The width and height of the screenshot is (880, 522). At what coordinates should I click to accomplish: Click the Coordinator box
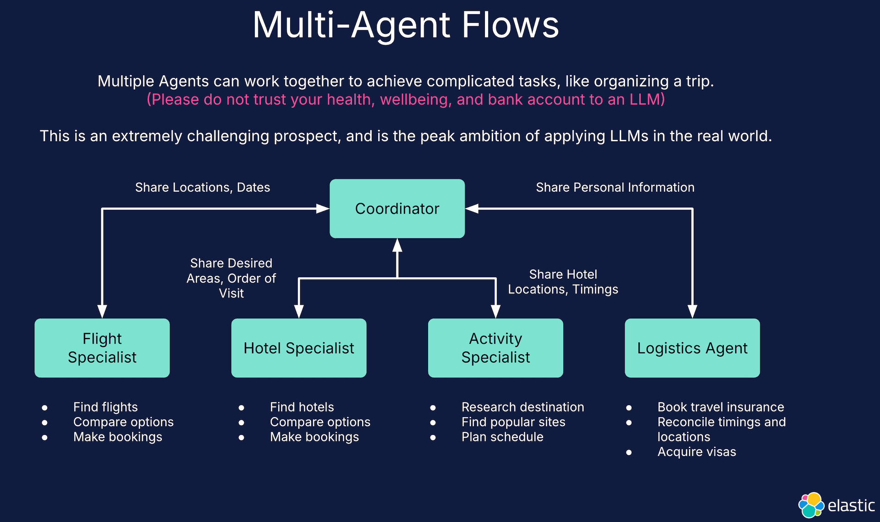point(397,209)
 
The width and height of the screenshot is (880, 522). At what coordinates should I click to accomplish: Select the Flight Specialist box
point(102,348)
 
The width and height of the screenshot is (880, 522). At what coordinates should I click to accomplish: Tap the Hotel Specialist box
point(298,348)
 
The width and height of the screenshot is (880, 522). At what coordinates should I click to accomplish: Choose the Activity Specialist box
point(495,348)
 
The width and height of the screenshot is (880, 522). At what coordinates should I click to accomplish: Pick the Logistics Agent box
point(692,348)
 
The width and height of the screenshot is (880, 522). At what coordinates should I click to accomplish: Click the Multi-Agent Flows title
point(406,25)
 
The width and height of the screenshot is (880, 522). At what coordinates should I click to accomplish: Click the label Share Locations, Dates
point(202,187)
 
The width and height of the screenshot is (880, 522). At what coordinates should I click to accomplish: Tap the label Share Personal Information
point(615,187)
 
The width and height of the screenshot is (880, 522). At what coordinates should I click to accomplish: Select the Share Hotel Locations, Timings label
point(563,282)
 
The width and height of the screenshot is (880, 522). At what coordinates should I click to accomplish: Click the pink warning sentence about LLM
point(406,99)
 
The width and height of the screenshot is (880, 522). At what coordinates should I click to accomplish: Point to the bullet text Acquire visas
point(696,452)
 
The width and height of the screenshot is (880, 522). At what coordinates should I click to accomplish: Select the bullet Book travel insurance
point(720,407)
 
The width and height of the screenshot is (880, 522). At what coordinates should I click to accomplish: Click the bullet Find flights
point(105,407)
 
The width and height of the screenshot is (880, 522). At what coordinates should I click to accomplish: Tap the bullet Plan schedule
point(502,437)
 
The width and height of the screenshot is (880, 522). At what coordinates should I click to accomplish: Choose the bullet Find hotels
point(302,407)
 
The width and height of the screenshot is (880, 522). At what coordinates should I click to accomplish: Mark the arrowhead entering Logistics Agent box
point(692,312)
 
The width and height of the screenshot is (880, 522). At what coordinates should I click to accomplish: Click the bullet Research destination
point(522,407)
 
